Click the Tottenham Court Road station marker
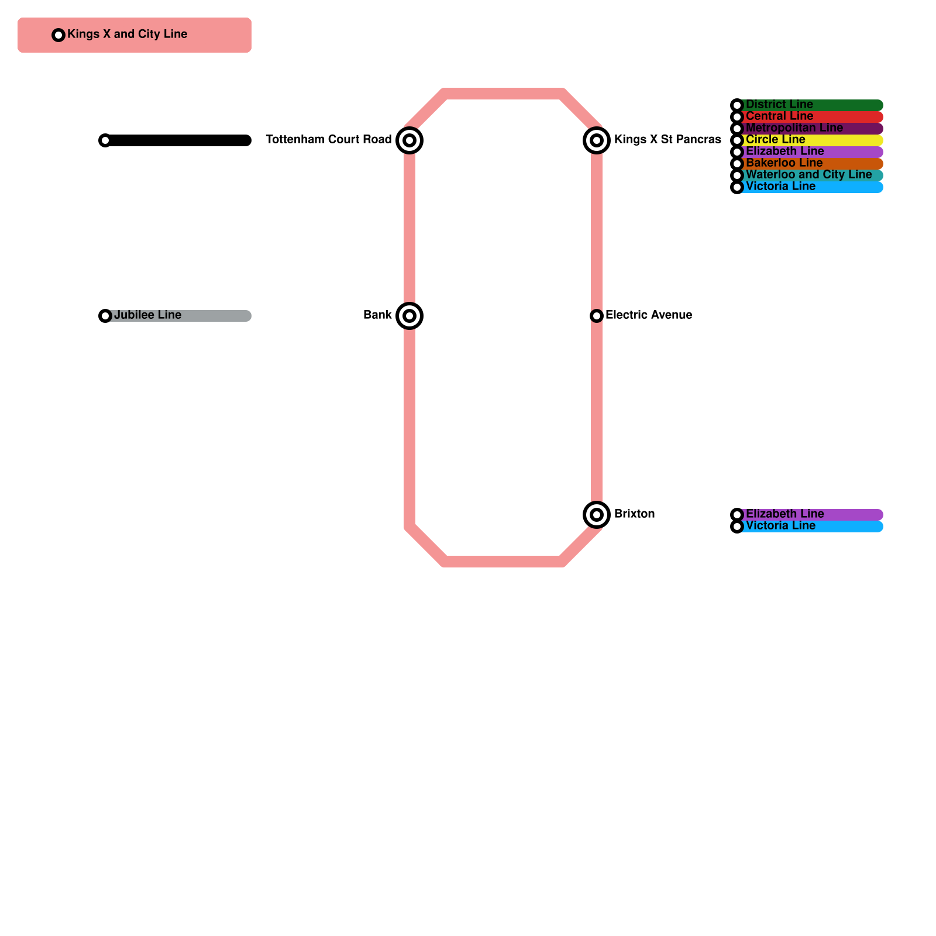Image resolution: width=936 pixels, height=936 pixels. pyautogui.click(x=409, y=140)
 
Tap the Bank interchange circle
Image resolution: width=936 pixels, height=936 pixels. pyautogui.click(x=409, y=316)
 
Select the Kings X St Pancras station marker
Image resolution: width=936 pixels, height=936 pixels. pyautogui.click(x=597, y=140)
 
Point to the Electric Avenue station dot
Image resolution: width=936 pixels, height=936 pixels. pyautogui.click(x=597, y=316)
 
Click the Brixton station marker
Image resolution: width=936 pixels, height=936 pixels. pyautogui.click(x=597, y=515)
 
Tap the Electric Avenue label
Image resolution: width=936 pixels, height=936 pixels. pyautogui.click(x=649, y=315)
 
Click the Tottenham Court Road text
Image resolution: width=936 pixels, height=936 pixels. pyautogui.click(x=329, y=139)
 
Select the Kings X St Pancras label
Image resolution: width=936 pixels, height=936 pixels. pyautogui.click(x=667, y=139)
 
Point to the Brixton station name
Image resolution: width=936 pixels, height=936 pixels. pyautogui.click(x=635, y=514)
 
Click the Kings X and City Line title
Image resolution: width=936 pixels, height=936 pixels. pyautogui.click(x=128, y=34)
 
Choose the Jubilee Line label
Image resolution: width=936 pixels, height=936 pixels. pyautogui.click(x=148, y=315)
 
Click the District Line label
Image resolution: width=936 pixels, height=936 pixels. pyautogui.click(x=780, y=104)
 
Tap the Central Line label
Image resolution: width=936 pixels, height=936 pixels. pyautogui.click(x=780, y=116)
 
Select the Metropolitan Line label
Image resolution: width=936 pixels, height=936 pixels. pyautogui.click(x=794, y=128)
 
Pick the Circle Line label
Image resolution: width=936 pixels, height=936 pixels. pyautogui.click(x=776, y=139)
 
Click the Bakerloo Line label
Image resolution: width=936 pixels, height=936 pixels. pyautogui.click(x=784, y=163)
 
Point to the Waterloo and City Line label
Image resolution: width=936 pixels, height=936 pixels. pyautogui.click(x=809, y=174)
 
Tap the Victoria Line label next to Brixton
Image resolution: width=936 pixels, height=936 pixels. pyautogui.click(x=781, y=525)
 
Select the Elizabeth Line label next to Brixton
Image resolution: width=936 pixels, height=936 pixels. pyautogui.click(x=785, y=514)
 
